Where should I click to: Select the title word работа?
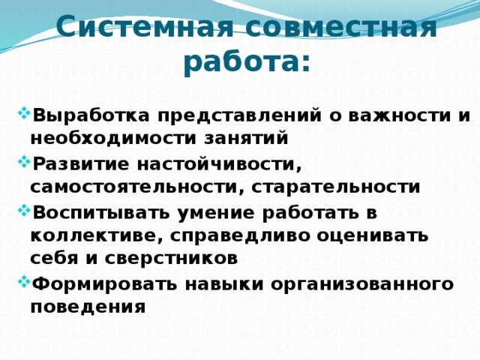coord(246,63)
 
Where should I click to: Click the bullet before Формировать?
coord(22,281)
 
